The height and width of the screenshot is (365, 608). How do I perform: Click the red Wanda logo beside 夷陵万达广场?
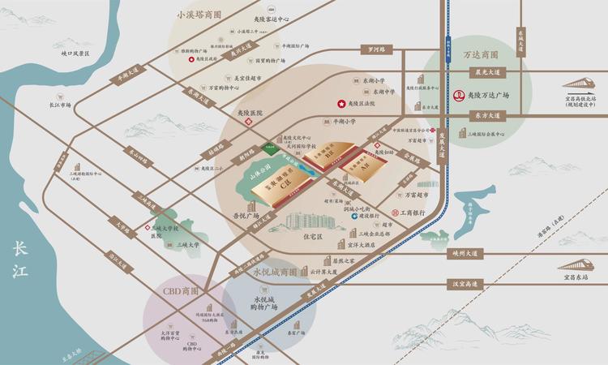click(x=458, y=95)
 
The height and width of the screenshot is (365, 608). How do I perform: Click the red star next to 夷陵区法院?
click(x=340, y=105)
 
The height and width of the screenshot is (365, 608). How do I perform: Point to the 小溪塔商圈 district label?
click(x=199, y=15)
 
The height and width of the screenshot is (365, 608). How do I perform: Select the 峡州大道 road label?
click(x=465, y=253)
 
